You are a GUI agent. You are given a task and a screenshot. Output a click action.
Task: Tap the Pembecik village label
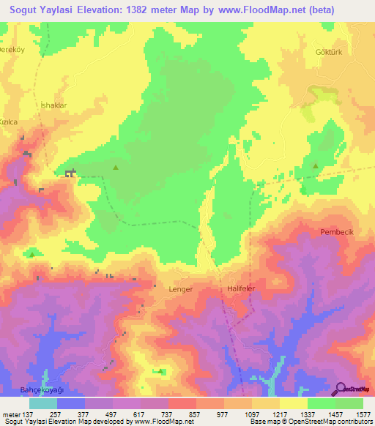pos(336,232)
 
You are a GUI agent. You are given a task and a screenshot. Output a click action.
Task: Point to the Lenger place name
pos(180,289)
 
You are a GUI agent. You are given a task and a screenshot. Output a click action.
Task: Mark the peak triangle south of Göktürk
pos(316,166)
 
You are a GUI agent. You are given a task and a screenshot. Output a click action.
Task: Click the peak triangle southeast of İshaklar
pos(115,168)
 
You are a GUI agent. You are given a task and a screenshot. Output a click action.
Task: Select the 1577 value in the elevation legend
pos(363,415)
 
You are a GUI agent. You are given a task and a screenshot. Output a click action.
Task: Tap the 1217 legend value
pos(280,415)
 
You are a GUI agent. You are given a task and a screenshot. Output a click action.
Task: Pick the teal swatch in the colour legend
pos(43,403)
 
